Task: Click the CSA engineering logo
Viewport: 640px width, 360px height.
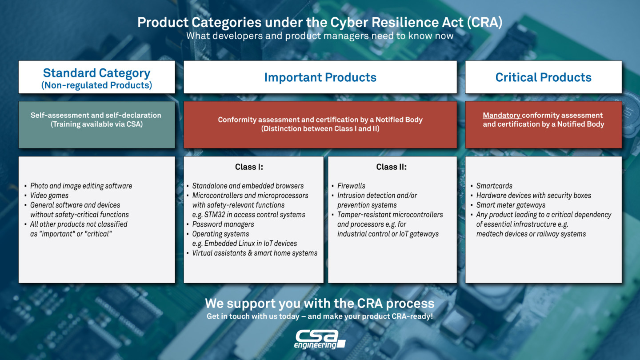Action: [x=320, y=340]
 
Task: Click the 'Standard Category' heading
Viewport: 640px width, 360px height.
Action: [x=96, y=73]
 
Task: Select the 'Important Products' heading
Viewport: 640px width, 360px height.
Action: [x=320, y=77]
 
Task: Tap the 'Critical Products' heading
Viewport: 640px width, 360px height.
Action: [x=543, y=77]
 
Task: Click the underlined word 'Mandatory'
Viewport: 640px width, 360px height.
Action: [x=502, y=115]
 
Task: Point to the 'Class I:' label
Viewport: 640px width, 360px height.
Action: [x=249, y=167]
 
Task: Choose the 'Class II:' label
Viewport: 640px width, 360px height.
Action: [x=391, y=167]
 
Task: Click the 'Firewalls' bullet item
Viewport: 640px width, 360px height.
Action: [x=351, y=186]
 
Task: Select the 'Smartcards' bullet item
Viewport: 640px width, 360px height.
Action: [x=494, y=186]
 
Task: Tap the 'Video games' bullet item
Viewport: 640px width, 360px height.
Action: [x=49, y=196]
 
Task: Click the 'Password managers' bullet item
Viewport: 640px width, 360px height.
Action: [x=223, y=224]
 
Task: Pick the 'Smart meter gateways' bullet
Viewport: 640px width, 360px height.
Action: [x=511, y=205]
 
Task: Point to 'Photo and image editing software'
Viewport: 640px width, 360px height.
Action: [x=81, y=186]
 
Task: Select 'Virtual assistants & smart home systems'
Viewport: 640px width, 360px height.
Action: [x=255, y=253]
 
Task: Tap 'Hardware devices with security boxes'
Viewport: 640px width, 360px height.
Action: [x=533, y=196]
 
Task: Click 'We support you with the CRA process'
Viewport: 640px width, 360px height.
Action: [x=320, y=304]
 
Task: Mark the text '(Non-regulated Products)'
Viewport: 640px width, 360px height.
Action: [x=96, y=85]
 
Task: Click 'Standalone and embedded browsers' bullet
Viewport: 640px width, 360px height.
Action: [x=248, y=186]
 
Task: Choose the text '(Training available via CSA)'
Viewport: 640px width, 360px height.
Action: [x=96, y=124]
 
